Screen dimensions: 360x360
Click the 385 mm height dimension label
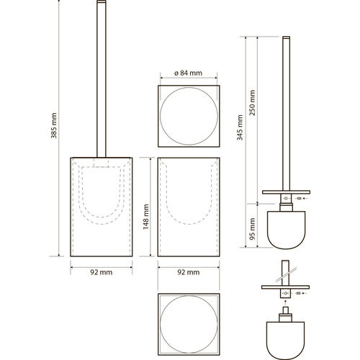pyautogui.click(x=54, y=125)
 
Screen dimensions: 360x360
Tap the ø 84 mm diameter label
pyautogui.click(x=189, y=73)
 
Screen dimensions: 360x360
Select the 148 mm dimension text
pyautogui.click(x=146, y=217)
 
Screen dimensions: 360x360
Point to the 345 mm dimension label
pyautogui.click(x=240, y=127)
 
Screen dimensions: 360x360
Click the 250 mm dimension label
pyautogui.click(x=252, y=103)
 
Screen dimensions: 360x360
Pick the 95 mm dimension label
pyautogui.click(x=252, y=229)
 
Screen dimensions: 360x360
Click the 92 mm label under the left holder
pyautogui.click(x=102, y=272)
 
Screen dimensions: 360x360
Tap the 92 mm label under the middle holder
pyautogui.click(x=189, y=272)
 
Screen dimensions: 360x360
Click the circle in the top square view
pyautogui.click(x=161, y=116)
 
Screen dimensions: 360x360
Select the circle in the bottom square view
pyautogui.click(x=161, y=324)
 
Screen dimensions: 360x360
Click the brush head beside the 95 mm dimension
pyautogui.click(x=287, y=230)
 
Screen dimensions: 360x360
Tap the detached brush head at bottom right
pyautogui.click(x=285, y=341)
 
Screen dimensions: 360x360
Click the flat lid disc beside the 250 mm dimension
pyautogui.click(x=286, y=192)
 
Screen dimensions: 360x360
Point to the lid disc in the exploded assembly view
pyautogui.click(x=285, y=287)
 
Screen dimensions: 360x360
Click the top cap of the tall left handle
pyautogui.click(x=102, y=1)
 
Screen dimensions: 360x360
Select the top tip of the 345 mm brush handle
pyautogui.click(x=287, y=37)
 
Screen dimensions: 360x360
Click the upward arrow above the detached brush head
pyautogui.click(x=285, y=302)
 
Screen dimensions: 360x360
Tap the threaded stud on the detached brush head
pyautogui.click(x=285, y=310)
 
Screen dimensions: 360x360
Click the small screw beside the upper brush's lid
pyautogui.click(x=299, y=199)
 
